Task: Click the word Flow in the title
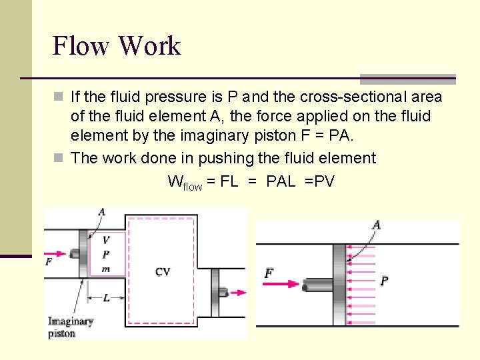[x=80, y=46]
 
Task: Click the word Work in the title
[x=149, y=46]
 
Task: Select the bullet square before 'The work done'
[x=59, y=159]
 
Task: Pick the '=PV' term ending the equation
[x=319, y=181]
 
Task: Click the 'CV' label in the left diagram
[x=163, y=271]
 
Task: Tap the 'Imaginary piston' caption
[x=70, y=327]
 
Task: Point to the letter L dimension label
[x=107, y=298]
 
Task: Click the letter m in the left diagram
[x=105, y=268]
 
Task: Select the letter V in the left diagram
[x=106, y=240]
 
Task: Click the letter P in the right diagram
[x=385, y=281]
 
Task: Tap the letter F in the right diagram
[x=269, y=273]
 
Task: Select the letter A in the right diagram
[x=376, y=225]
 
